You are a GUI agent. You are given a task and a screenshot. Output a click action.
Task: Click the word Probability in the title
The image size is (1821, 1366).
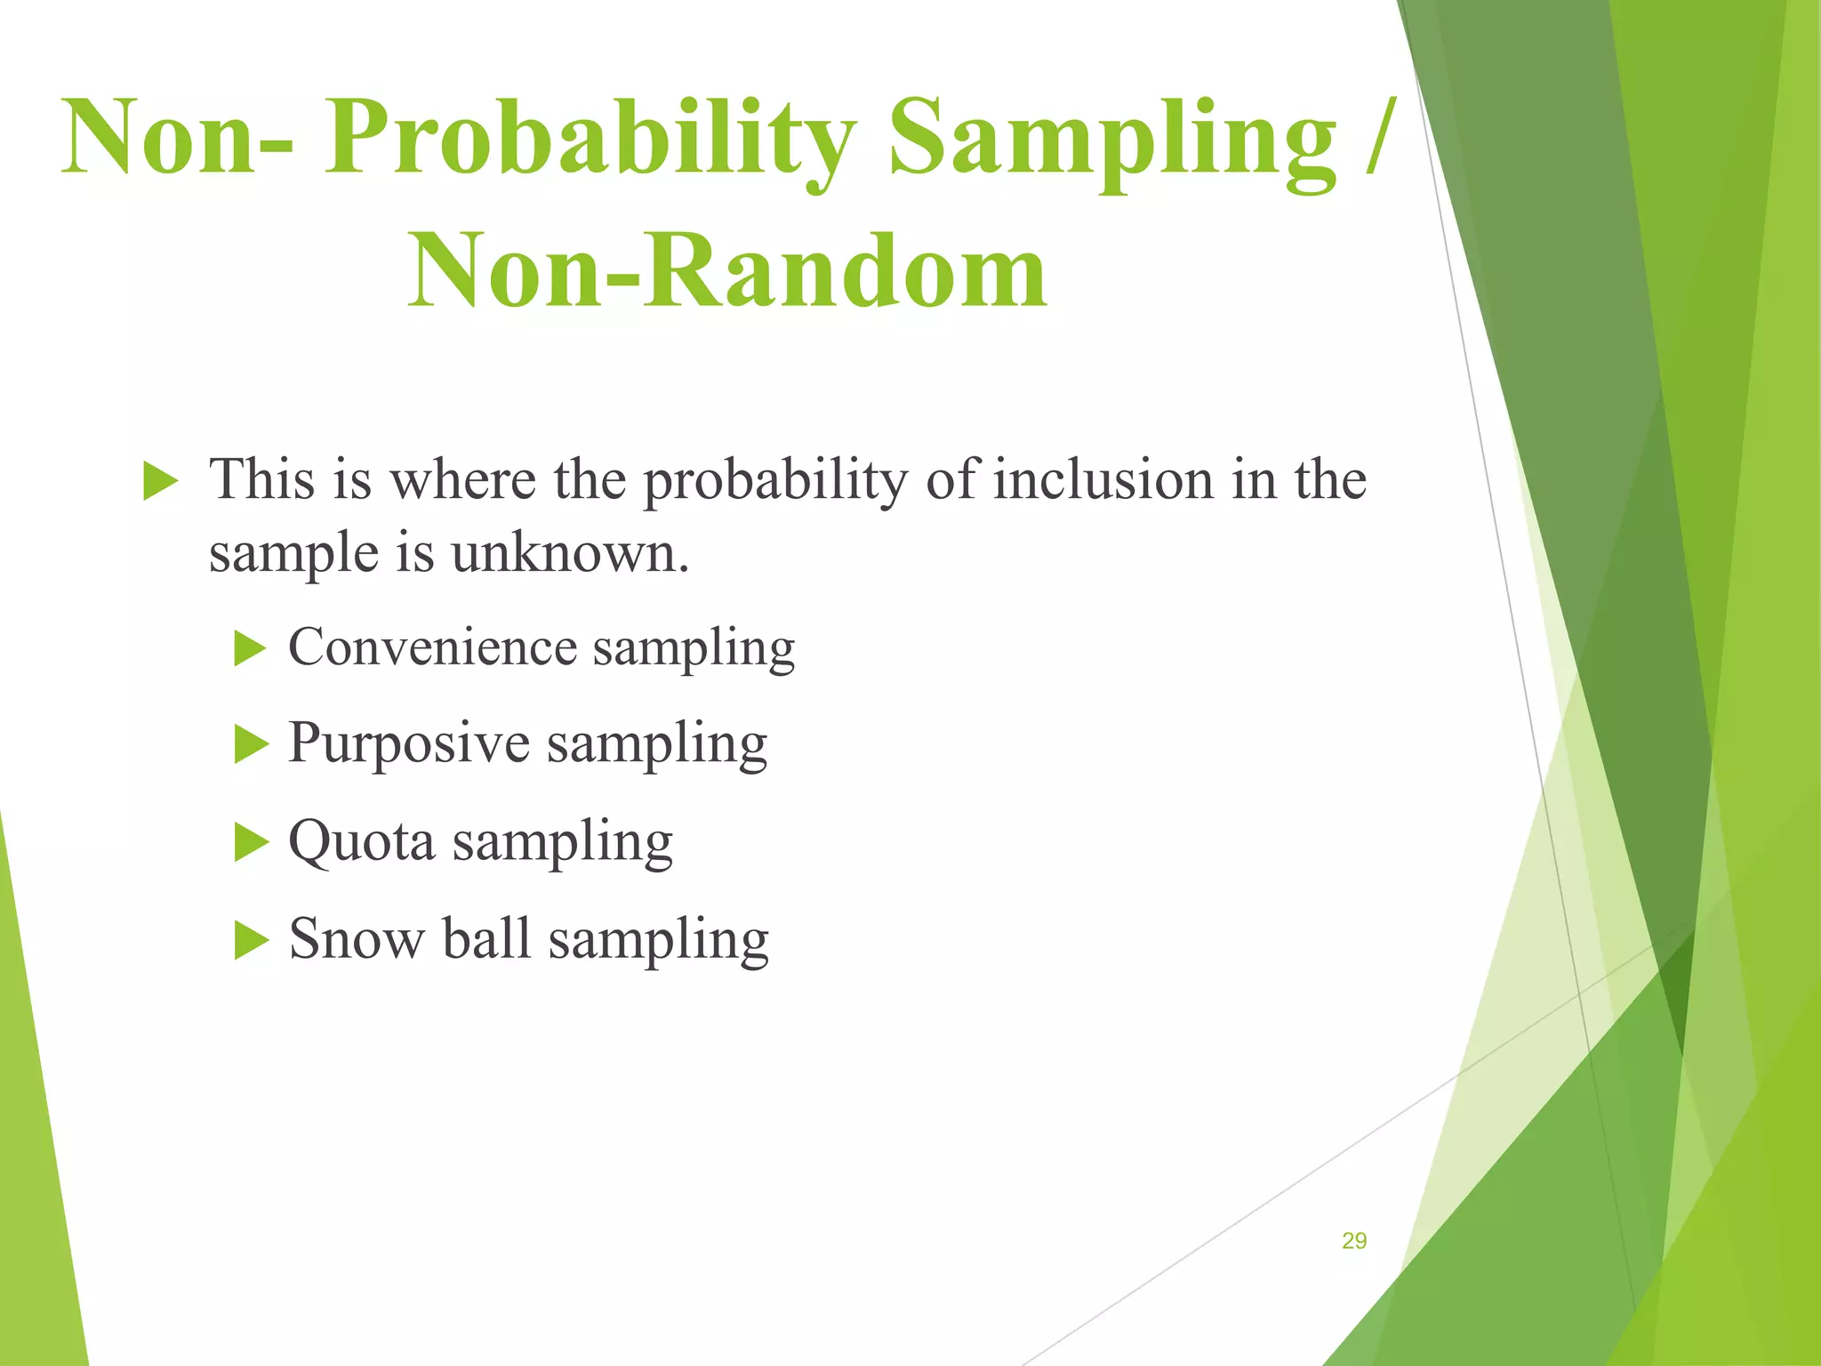589,141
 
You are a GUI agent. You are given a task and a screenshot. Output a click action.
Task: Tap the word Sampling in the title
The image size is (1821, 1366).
1111,141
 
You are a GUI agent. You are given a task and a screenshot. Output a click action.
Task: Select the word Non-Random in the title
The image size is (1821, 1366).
727,270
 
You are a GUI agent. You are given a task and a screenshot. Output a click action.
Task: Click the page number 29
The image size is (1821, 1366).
1353,1241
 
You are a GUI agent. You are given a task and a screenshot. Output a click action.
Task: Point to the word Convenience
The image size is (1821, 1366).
432,647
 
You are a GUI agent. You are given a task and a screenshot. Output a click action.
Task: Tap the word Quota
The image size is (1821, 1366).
362,840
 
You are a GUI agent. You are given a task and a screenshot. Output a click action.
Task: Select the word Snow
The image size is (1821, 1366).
357,938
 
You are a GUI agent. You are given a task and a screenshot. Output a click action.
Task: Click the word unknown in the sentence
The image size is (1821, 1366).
569,553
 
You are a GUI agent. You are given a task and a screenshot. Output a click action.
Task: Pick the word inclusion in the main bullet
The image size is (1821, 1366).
1103,480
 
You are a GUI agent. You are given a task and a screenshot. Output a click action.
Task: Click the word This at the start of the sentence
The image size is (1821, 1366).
261,480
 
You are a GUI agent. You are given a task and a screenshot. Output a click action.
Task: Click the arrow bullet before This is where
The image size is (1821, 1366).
160,482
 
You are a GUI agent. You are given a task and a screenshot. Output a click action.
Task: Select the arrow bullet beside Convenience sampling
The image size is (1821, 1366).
250,648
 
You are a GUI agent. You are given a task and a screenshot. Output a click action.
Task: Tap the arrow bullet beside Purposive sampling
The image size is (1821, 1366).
250,744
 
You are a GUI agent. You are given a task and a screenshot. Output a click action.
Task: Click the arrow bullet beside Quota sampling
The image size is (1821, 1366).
250,841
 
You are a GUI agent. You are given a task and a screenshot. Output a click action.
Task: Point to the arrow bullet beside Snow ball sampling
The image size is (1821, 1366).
250,940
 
